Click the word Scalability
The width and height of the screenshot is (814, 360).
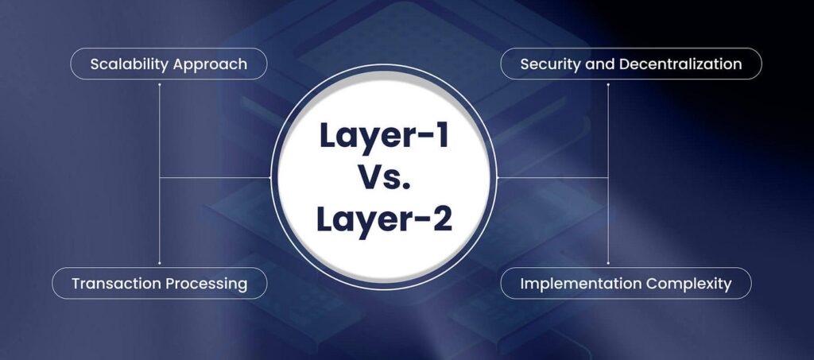coord(130,64)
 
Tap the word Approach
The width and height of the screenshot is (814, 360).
coord(210,65)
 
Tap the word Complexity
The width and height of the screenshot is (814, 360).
coord(688,285)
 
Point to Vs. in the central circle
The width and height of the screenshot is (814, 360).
coord(385,177)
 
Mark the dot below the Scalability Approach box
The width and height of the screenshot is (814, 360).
coord(159,83)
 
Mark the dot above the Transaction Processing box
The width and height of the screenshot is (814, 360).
coord(159,264)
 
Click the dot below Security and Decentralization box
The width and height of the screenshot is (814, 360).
coord(608,83)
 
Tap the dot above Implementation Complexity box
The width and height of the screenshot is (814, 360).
coord(608,264)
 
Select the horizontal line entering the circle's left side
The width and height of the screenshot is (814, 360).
coord(215,178)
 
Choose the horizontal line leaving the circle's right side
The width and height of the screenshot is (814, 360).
coord(552,178)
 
